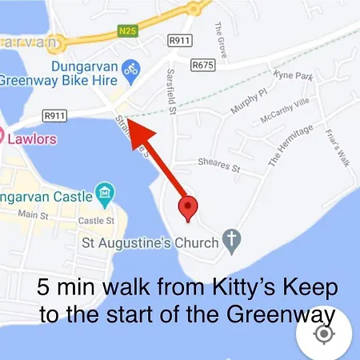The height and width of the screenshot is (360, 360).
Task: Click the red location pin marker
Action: pos(188,206)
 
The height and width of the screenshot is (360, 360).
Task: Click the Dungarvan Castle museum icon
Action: pos(105,192)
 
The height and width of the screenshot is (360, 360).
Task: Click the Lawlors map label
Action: pos(32,138)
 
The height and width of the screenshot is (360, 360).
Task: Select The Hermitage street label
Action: pos(289,146)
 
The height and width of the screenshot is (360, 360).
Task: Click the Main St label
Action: pos(33,215)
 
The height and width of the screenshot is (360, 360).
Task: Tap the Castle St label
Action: pos(96,220)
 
